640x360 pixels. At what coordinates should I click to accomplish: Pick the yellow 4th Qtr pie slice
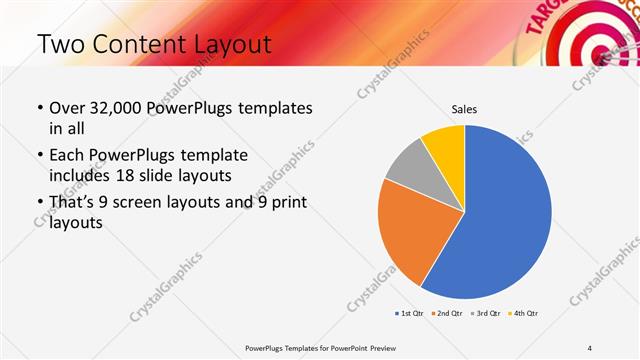445,145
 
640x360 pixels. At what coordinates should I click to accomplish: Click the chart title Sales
464,108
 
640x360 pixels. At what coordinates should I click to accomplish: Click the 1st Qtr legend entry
410,314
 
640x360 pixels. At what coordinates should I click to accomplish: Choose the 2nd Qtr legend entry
445,314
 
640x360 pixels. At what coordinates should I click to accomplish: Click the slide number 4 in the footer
590,347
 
